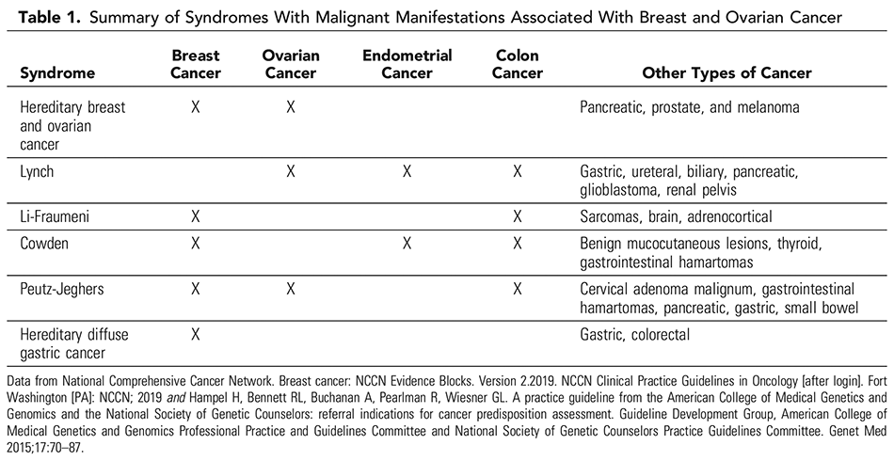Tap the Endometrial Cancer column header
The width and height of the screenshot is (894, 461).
point(407,64)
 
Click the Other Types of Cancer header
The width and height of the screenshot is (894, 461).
point(726,72)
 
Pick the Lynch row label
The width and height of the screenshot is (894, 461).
point(39,171)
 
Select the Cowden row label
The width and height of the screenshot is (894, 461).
point(45,244)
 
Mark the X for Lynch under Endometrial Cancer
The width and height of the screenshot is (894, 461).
point(407,171)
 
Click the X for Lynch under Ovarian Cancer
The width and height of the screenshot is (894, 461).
point(291,171)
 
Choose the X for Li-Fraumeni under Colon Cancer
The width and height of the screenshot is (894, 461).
point(518,216)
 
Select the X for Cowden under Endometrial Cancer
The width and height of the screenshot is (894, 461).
point(407,244)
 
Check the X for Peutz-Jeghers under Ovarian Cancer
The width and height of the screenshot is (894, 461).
point(291,288)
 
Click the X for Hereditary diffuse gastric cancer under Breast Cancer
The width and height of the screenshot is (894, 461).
point(195,333)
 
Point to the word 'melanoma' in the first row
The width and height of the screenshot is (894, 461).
point(767,108)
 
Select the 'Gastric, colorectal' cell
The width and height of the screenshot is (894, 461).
point(637,333)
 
